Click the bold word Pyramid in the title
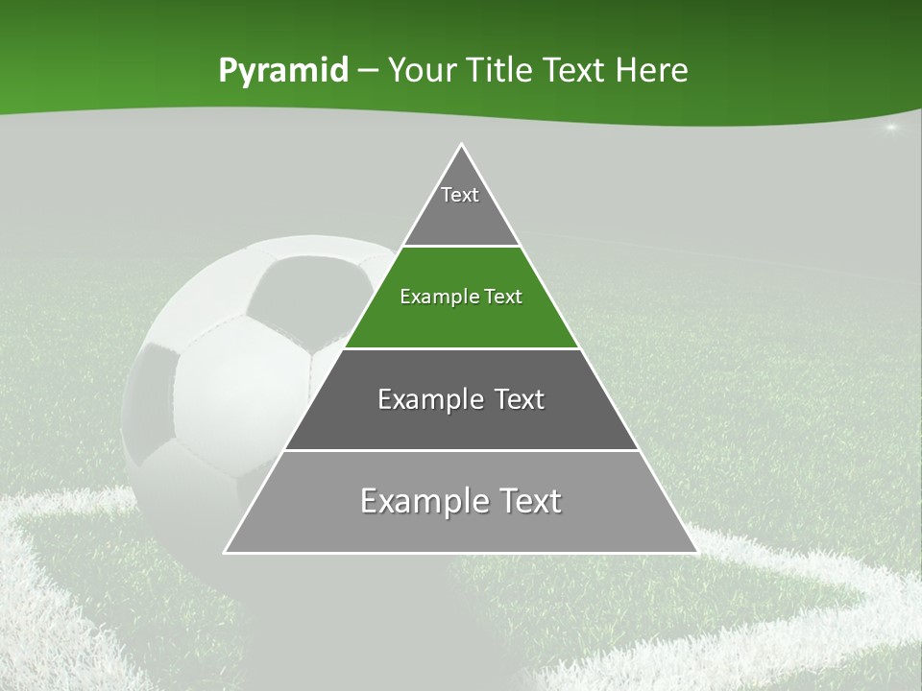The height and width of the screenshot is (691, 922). tap(282, 71)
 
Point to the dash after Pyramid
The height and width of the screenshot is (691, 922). tap(368, 71)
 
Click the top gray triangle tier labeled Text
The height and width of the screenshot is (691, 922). tap(460, 206)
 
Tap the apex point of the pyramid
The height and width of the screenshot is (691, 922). tap(461, 145)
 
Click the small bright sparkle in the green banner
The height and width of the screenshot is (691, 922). tap(890, 127)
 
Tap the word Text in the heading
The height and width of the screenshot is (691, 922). tap(572, 71)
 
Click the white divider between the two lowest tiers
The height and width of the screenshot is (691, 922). tap(461, 450)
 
